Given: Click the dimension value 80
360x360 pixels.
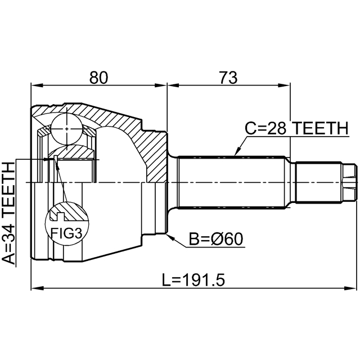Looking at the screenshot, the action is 98,78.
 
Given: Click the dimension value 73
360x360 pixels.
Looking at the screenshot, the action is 228,78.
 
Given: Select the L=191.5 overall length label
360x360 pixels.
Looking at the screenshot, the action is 193,280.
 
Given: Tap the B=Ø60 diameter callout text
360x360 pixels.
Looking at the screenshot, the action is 215,239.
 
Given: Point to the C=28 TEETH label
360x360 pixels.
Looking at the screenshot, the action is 296,128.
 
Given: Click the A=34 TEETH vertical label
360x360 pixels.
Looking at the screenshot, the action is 8,214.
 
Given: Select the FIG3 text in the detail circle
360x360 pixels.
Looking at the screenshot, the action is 66,233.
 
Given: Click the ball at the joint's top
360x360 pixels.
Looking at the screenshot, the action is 66,129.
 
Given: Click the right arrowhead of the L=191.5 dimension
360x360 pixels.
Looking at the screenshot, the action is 350,287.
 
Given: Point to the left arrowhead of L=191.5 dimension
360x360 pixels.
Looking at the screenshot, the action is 37,287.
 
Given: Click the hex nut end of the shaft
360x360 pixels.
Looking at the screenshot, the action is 349,182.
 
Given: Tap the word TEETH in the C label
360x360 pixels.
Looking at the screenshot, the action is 321,128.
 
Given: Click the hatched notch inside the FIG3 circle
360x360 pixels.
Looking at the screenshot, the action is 60,216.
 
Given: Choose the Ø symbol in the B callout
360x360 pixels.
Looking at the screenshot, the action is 215,239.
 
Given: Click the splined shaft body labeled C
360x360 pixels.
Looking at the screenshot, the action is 232,182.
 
